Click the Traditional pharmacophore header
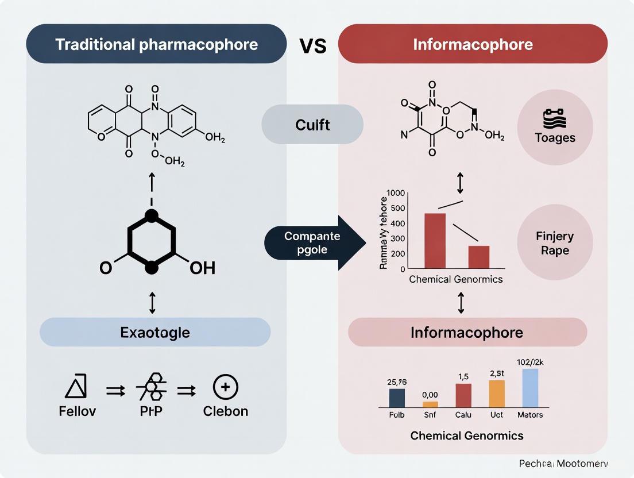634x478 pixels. click(x=156, y=44)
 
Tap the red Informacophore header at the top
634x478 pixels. click(x=473, y=44)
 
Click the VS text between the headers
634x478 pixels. click(x=313, y=45)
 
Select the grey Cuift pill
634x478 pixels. click(x=312, y=124)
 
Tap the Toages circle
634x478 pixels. click(x=554, y=127)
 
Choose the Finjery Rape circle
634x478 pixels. click(x=555, y=243)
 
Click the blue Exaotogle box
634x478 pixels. click(x=155, y=331)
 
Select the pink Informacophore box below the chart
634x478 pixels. click(x=467, y=332)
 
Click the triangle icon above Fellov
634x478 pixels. click(x=76, y=386)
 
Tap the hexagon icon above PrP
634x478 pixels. click(x=152, y=387)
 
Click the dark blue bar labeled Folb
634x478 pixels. click(x=397, y=398)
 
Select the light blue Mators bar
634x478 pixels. click(x=530, y=388)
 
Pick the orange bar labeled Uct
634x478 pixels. click(x=497, y=394)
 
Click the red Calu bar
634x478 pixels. click(x=463, y=395)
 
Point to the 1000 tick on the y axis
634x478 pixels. click(x=396, y=194)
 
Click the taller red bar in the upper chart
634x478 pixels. click(x=435, y=241)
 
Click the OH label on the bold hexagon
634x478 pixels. click(x=202, y=268)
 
